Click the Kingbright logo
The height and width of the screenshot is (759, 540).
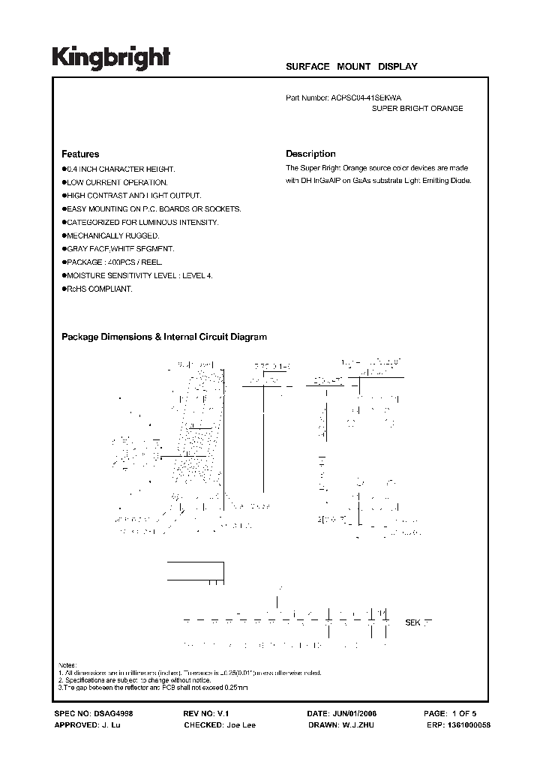(111, 57)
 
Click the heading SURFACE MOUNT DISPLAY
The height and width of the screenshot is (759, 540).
(351, 67)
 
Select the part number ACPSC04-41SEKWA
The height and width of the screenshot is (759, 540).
(370, 97)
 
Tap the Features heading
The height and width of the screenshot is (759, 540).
(79, 154)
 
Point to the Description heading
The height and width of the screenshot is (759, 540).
(310, 154)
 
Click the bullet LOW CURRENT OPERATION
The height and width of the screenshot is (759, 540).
(116, 182)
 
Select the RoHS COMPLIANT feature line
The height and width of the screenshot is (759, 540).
(98, 289)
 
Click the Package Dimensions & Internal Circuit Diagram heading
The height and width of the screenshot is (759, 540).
(163, 337)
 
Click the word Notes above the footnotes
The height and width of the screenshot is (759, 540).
(68, 665)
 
